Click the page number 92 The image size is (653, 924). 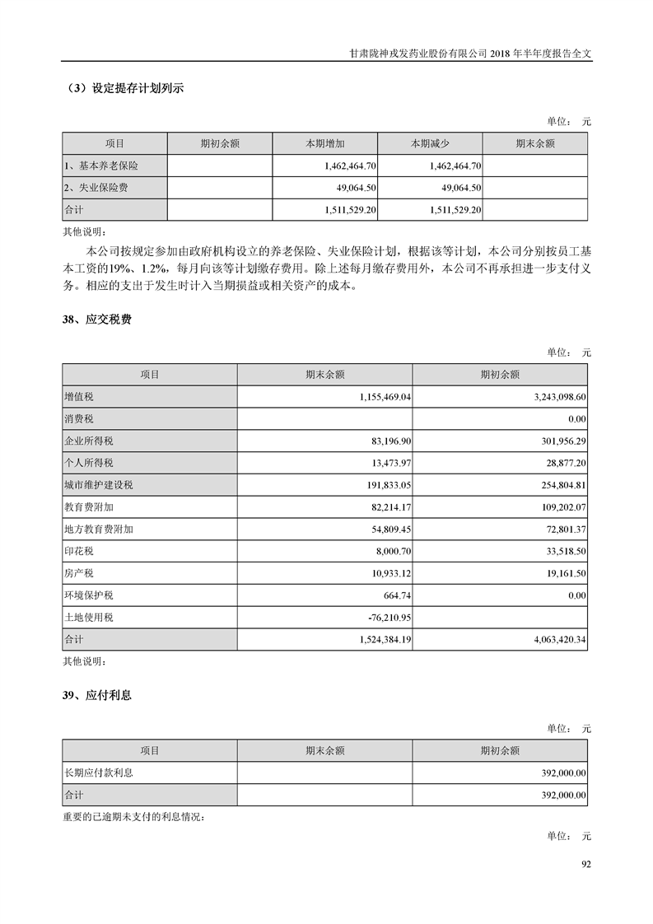click(586, 864)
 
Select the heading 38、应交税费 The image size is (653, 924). click(97, 320)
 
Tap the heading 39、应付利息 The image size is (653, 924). click(97, 695)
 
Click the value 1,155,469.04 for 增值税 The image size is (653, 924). click(385, 397)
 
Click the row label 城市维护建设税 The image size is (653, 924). click(98, 485)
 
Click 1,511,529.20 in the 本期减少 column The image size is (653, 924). click(455, 210)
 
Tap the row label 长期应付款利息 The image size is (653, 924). click(98, 772)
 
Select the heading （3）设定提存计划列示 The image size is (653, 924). click(124, 89)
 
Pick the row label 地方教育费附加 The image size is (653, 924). click(98, 529)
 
